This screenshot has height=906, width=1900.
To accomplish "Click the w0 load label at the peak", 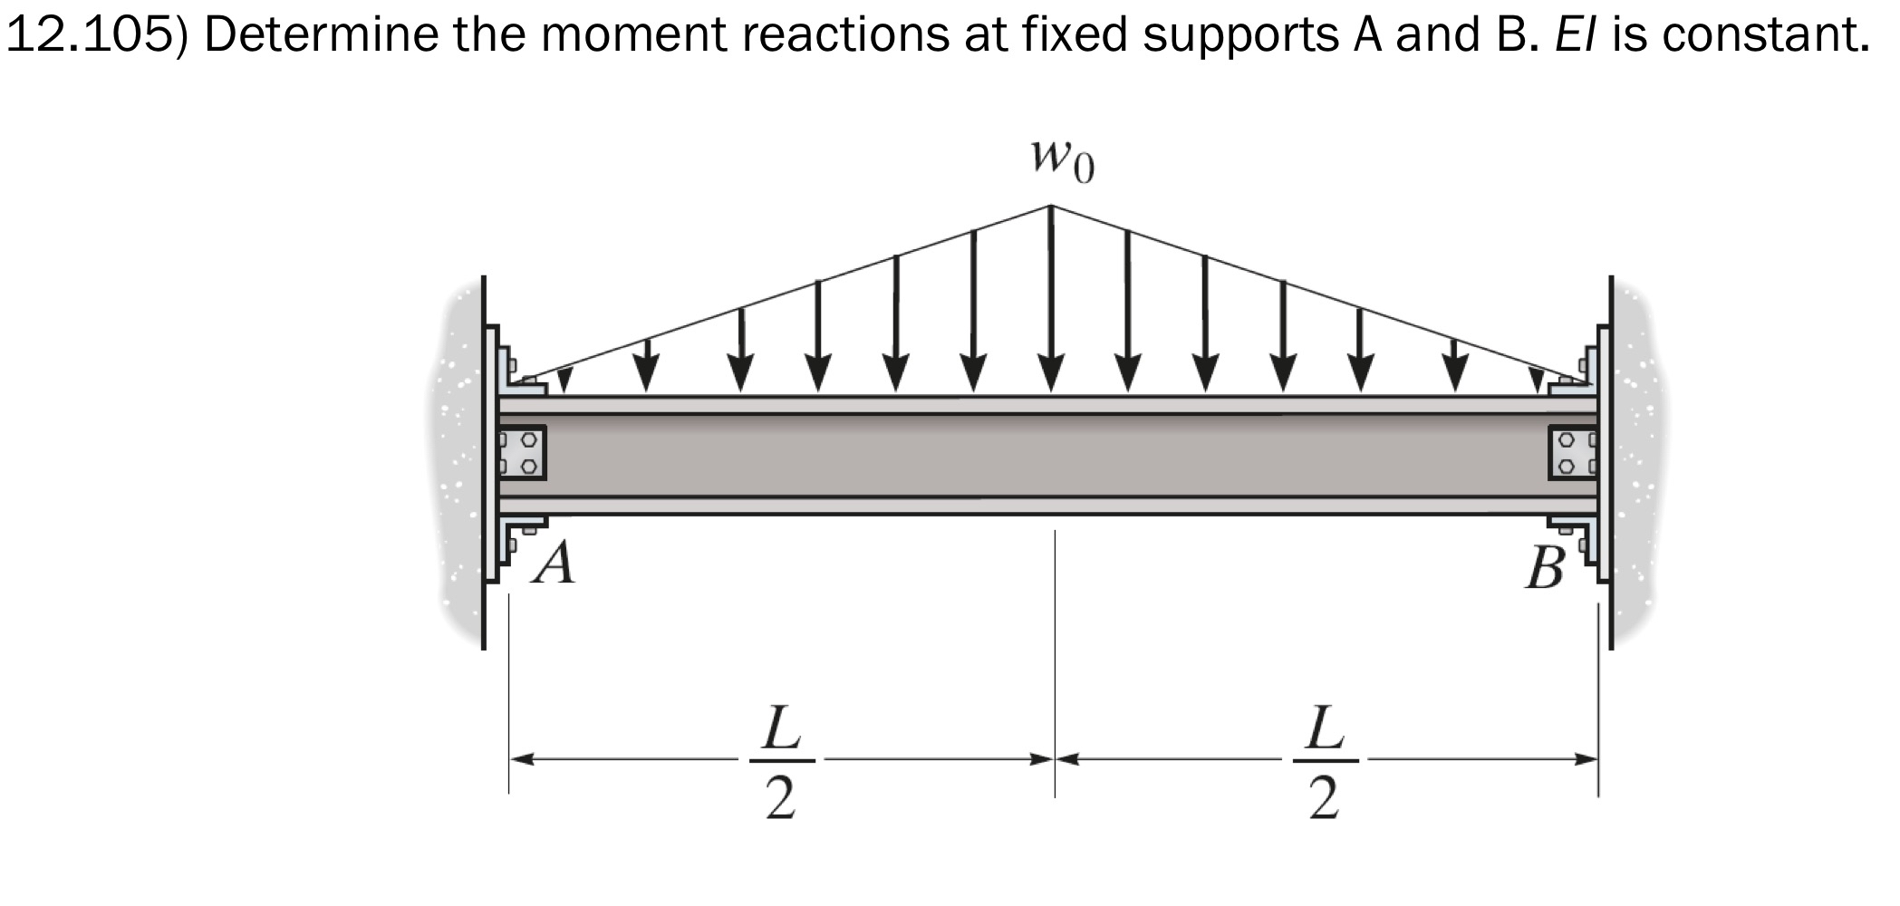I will coord(1061,161).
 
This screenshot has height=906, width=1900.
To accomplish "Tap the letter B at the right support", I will coord(1543,569).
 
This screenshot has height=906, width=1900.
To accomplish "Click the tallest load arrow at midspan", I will coord(1051,299).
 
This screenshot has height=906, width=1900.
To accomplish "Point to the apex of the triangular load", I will coord(1051,207).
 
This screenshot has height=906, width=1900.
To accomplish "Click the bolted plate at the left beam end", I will coord(524,453).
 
